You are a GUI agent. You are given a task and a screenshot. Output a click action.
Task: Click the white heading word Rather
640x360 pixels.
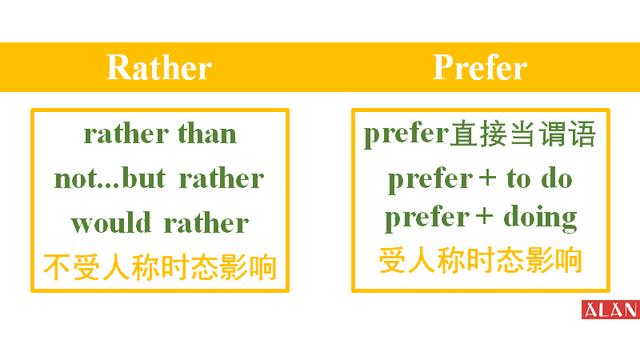coord(159,67)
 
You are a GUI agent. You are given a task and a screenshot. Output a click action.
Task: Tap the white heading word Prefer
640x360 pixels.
coord(479,67)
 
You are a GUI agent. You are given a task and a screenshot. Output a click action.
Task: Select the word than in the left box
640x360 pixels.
coord(207,134)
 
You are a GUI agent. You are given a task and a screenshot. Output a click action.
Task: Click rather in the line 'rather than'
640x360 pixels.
coord(127,134)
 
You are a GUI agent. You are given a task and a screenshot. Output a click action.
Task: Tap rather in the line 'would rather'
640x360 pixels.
coord(205,222)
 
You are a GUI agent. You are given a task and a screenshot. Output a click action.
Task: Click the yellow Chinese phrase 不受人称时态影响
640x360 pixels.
coord(159,267)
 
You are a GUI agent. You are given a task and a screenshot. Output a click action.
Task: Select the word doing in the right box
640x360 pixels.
coord(540,218)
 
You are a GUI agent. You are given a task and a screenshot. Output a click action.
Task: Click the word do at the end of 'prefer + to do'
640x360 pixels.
coord(556,180)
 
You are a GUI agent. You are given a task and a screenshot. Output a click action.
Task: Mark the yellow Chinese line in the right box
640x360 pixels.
coord(480,262)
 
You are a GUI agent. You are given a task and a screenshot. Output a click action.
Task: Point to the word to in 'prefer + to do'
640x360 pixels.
coord(518,180)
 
